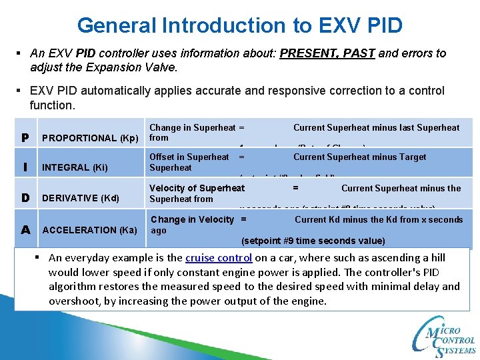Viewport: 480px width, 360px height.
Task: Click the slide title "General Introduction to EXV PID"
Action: pyautogui.click(x=240, y=25)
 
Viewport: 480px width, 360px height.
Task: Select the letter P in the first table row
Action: pyautogui.click(x=25, y=138)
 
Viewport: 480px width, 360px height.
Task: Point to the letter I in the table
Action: pyautogui.click(x=25, y=167)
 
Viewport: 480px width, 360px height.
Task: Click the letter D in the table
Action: pyautogui.click(x=25, y=198)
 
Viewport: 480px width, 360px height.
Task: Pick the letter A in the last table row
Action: pyautogui.click(x=25, y=229)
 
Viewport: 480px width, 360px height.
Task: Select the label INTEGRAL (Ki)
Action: pyautogui.click(x=75, y=167)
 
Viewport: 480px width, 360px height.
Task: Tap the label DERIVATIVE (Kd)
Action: pyautogui.click(x=80, y=198)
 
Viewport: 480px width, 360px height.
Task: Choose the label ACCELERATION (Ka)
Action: pyautogui.click(x=89, y=230)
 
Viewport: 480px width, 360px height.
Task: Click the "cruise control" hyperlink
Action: pyautogui.click(x=219, y=257)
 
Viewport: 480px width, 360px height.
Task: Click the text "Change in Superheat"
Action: pyautogui.click(x=192, y=127)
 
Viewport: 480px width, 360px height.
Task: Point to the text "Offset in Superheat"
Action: pyautogui.click(x=189, y=157)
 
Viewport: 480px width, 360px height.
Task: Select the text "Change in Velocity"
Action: pyautogui.click(x=192, y=219)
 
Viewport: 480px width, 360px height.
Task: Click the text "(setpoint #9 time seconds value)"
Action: pyautogui.click(x=313, y=241)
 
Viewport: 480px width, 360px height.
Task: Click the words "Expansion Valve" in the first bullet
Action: pyautogui.click(x=108, y=67)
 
